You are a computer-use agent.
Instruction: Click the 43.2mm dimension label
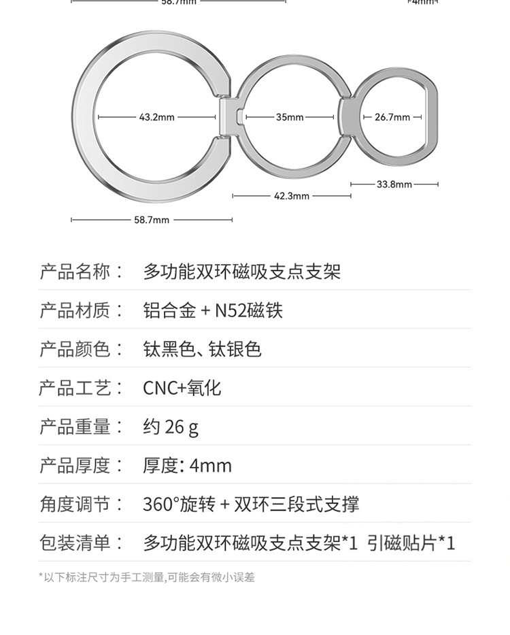(157, 117)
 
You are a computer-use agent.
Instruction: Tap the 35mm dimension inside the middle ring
(290, 117)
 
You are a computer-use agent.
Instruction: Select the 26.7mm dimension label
(392, 117)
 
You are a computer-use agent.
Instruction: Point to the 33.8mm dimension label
(394, 184)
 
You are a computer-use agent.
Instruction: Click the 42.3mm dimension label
(292, 196)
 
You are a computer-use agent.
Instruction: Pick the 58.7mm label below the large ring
(152, 220)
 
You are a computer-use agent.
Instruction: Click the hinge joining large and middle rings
(230, 117)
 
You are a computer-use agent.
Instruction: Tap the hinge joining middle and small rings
(346, 117)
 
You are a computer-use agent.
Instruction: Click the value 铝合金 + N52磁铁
(212, 311)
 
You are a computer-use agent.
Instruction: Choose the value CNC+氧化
(182, 389)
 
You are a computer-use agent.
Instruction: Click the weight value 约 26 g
(171, 427)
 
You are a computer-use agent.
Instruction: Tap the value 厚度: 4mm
(187, 466)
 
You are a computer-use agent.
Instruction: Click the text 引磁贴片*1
(411, 544)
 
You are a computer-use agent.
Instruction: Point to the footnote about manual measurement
(147, 578)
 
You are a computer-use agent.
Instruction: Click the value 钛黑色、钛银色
(202, 350)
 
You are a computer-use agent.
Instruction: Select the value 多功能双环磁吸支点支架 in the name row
(241, 272)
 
